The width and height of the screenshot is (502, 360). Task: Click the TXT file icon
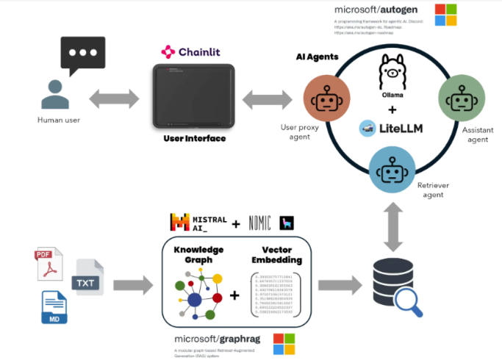87,278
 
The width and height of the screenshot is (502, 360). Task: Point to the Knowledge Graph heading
198,254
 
